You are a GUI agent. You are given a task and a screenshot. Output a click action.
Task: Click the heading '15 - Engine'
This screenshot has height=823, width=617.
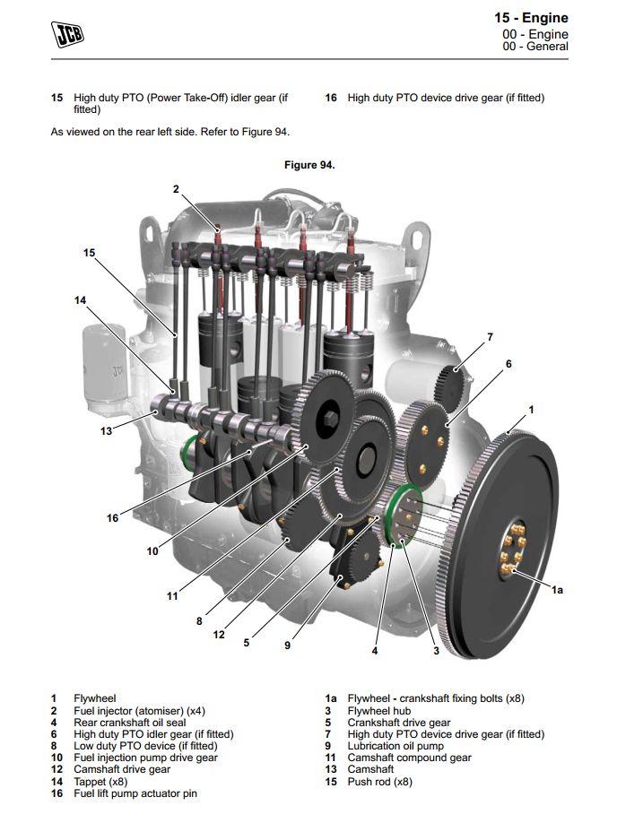click(x=531, y=18)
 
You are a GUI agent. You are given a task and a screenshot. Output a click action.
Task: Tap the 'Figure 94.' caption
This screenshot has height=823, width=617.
click(x=308, y=165)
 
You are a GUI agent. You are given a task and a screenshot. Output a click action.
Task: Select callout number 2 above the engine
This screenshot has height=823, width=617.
click(x=176, y=189)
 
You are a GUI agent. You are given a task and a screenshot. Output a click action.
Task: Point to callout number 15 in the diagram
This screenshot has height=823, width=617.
click(x=89, y=253)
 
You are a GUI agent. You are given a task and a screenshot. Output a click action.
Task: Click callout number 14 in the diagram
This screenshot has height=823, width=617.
click(x=81, y=300)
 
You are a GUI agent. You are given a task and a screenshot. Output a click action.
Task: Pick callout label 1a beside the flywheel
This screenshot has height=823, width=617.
click(x=557, y=589)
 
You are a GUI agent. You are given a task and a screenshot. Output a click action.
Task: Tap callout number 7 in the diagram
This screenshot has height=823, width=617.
click(x=490, y=337)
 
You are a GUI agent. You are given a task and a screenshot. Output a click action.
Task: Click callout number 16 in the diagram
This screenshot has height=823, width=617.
click(x=113, y=517)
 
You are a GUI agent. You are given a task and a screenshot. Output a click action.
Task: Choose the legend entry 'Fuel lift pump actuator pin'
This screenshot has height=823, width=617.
click(x=135, y=793)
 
